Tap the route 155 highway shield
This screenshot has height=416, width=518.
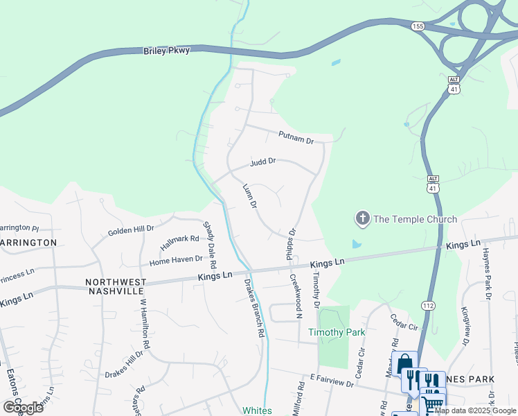pyautogui.click(x=417, y=26)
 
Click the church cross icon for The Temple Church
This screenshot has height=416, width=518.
pyautogui.click(x=361, y=219)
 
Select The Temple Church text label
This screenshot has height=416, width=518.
pyautogui.click(x=415, y=219)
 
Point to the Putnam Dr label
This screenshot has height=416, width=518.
pyautogui.click(x=296, y=137)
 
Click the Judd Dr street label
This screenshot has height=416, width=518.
pyautogui.click(x=262, y=163)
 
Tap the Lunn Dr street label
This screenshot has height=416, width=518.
pyautogui.click(x=249, y=196)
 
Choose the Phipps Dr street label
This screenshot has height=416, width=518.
pyautogui.click(x=292, y=244)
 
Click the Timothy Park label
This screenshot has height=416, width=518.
pyautogui.click(x=337, y=332)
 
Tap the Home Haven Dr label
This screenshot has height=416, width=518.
pyautogui.click(x=176, y=261)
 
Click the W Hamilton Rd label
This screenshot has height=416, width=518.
pyautogui.click(x=145, y=323)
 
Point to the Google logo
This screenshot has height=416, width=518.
pyautogui.click(x=23, y=407)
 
